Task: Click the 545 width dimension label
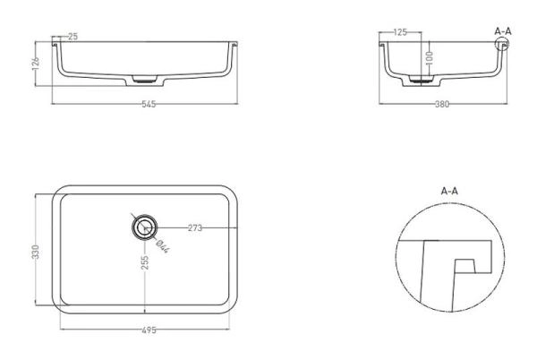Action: click(149, 104)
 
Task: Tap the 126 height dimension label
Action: click(36, 64)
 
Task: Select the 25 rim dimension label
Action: click(73, 37)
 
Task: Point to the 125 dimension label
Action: click(400, 32)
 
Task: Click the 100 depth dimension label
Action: click(430, 58)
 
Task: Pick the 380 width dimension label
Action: click(442, 104)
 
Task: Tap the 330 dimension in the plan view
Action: click(36, 252)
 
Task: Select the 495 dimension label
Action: click(149, 330)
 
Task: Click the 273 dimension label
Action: click(195, 227)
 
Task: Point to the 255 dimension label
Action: click(145, 262)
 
